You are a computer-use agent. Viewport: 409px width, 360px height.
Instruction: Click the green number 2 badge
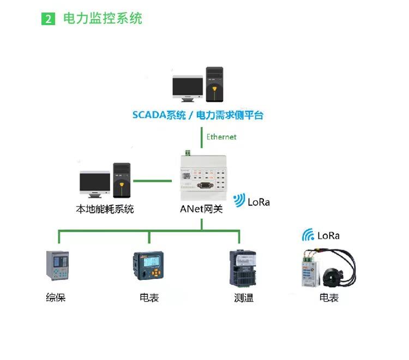(x=48, y=19)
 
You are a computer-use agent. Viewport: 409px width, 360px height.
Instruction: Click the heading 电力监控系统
(x=103, y=19)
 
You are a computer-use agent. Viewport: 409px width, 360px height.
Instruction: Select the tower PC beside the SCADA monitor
(x=214, y=84)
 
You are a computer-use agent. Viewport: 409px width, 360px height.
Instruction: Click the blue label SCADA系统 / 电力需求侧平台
(x=199, y=115)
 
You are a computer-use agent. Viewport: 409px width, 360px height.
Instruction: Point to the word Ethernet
(x=221, y=137)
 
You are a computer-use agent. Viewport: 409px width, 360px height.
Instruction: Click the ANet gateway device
(x=201, y=177)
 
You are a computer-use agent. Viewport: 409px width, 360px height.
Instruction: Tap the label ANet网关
(x=201, y=209)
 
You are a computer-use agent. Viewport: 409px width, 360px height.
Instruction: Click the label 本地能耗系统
(x=105, y=209)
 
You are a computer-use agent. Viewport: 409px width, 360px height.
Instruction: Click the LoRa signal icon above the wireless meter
(x=309, y=235)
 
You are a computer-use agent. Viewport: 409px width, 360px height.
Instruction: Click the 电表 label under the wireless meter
(x=329, y=298)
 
